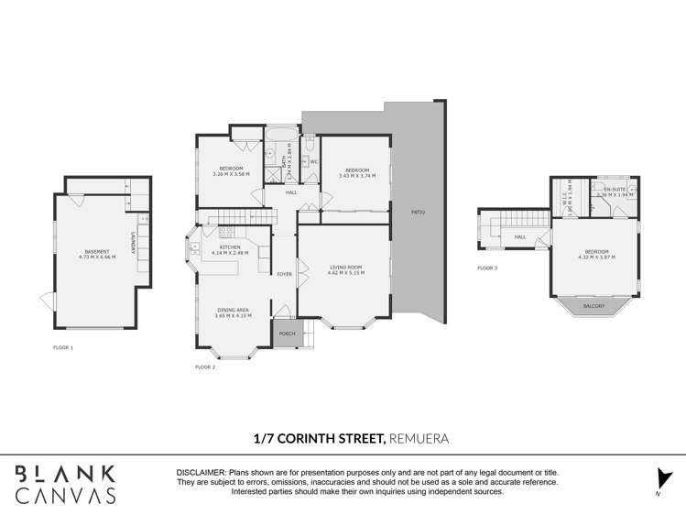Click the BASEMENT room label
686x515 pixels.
point(96,251)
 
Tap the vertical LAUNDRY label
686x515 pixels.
point(134,241)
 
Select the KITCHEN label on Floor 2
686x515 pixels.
point(229,247)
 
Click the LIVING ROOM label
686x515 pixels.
point(347,268)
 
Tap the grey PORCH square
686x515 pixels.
point(286,334)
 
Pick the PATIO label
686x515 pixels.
point(418,212)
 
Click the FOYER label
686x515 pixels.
point(285,274)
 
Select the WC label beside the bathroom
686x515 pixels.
point(312,162)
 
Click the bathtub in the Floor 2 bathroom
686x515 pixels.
point(280,134)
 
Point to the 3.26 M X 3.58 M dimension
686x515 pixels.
point(231,174)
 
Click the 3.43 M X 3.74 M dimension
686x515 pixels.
point(357,175)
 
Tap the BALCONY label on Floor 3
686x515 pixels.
point(593,306)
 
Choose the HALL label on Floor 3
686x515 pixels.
point(519,237)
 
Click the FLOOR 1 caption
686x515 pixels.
point(63,347)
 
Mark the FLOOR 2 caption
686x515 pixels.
point(205,367)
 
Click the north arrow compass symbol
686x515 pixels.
point(664,478)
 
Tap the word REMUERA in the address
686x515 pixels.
point(419,439)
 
